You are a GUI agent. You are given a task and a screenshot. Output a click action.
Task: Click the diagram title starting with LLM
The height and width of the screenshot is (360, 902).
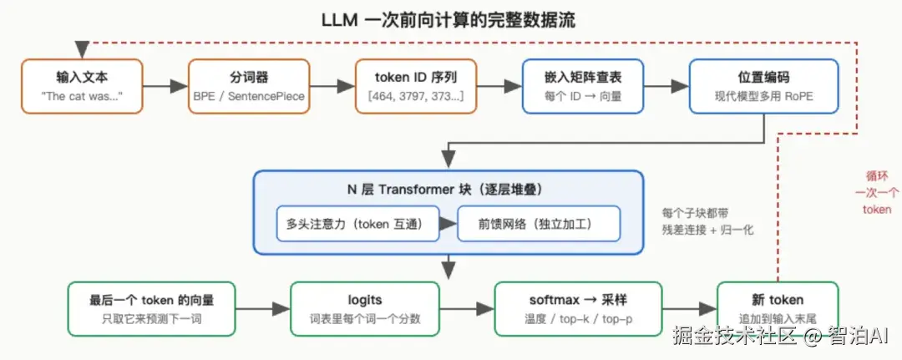[x=448, y=21]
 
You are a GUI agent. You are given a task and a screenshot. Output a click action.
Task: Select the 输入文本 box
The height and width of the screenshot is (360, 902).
[x=82, y=86]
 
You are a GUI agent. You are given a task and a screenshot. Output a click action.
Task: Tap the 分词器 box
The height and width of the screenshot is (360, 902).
[x=249, y=86]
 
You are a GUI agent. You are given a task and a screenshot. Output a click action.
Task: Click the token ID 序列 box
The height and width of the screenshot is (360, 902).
[x=416, y=86]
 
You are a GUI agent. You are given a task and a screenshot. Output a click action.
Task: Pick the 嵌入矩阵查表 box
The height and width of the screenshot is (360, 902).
[x=583, y=86]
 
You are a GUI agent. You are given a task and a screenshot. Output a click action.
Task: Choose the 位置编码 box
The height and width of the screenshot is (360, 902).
[x=764, y=86]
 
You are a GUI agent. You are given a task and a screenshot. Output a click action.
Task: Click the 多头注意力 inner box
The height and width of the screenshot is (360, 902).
[x=358, y=223]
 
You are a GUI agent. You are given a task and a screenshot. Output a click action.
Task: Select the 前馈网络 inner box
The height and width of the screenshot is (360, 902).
[x=539, y=223]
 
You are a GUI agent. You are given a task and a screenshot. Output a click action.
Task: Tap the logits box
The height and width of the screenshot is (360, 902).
[x=365, y=309]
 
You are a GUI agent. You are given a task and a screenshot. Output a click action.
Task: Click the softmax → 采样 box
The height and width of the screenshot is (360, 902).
[x=578, y=309]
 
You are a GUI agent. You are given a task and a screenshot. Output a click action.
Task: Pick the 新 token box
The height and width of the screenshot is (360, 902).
[x=778, y=309]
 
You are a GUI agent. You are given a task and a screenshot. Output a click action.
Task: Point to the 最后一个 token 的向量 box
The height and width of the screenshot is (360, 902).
[x=151, y=309]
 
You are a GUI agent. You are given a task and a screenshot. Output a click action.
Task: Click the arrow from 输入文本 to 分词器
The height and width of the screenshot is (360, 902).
[x=165, y=86]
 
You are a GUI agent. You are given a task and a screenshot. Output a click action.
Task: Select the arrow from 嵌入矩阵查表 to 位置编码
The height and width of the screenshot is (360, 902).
[x=666, y=86]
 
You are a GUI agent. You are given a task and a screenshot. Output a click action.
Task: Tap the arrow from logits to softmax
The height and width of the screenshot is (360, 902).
[x=467, y=309]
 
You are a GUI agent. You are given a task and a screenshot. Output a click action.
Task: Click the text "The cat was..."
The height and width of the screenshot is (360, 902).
[x=82, y=96]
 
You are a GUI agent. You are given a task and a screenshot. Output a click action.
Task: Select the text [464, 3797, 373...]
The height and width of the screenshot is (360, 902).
[x=416, y=96]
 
